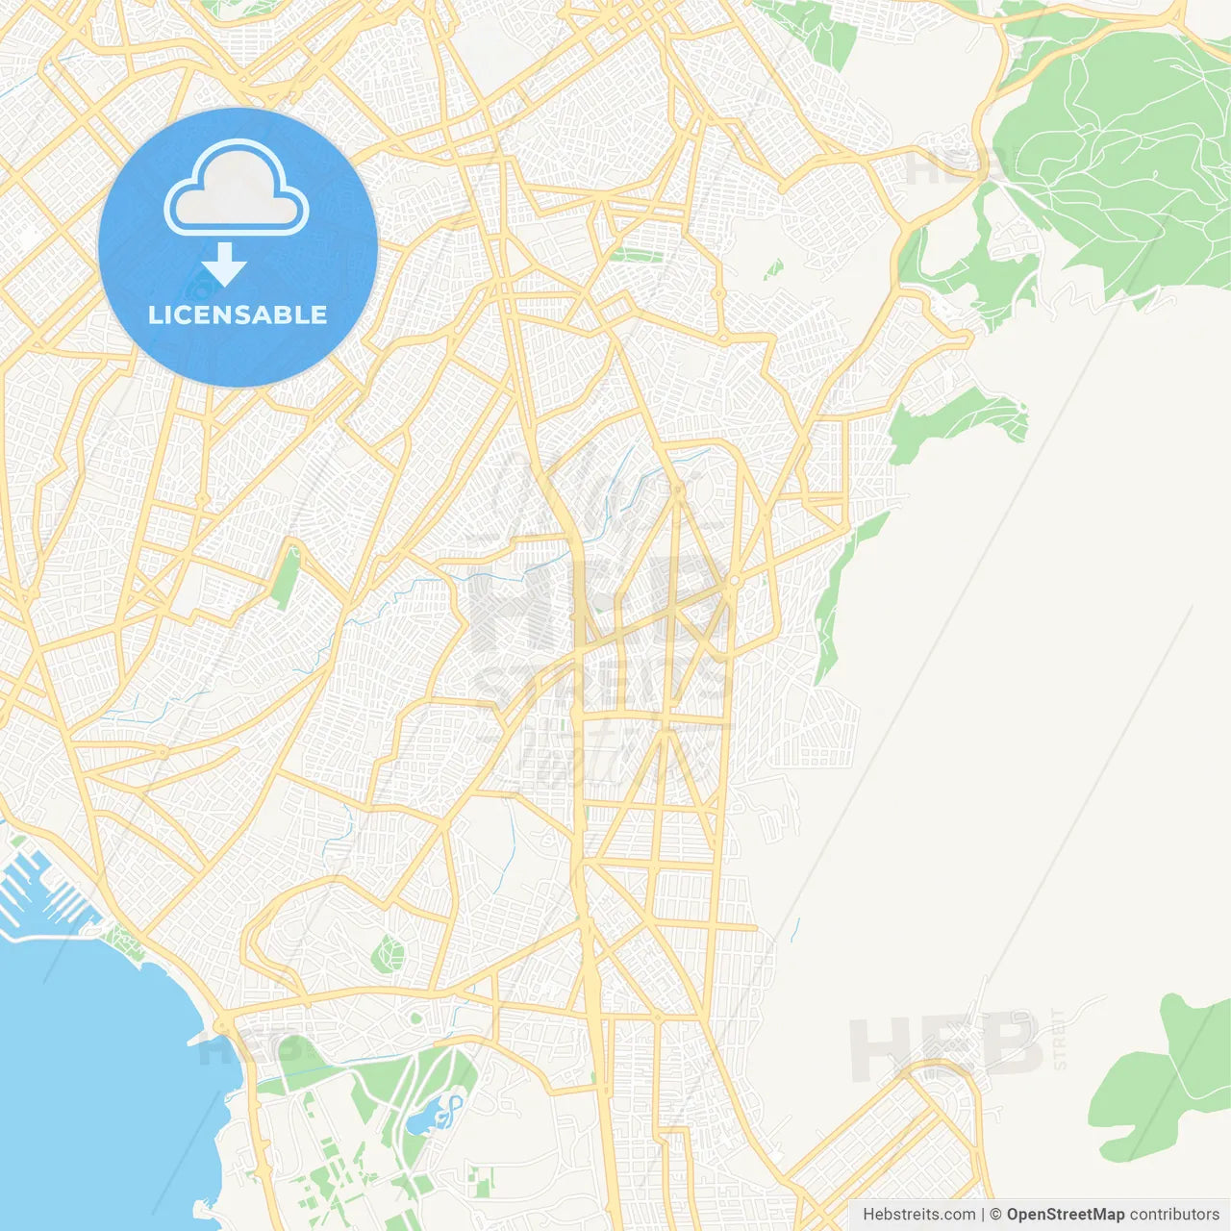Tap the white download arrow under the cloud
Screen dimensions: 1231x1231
(224, 264)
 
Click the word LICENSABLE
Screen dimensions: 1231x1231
(238, 314)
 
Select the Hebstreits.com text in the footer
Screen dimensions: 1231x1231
(918, 1215)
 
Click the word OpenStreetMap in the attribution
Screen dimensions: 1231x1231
(1065, 1215)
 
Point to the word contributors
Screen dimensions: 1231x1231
(1173, 1215)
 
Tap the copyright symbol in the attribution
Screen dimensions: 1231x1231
(995, 1215)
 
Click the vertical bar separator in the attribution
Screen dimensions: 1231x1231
(983, 1215)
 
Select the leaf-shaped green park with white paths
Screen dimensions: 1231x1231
(389, 953)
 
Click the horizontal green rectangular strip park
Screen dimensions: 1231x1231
(636, 256)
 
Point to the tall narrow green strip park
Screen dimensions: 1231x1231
(286, 577)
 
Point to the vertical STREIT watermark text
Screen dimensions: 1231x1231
(1060, 1039)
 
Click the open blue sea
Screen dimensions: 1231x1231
(96, 1077)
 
